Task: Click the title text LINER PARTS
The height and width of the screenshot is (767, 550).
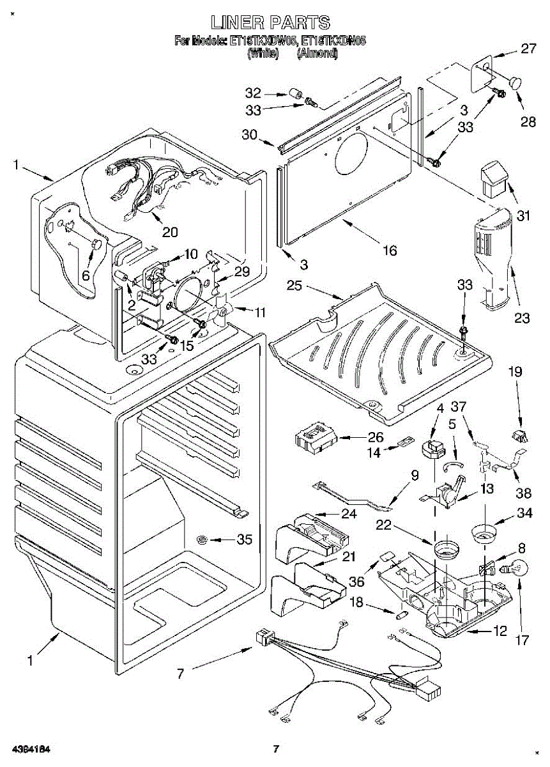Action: (x=271, y=24)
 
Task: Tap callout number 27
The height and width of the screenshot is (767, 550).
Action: (x=528, y=49)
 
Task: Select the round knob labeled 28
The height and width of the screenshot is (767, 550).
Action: (x=514, y=82)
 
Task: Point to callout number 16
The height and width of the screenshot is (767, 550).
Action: (x=389, y=250)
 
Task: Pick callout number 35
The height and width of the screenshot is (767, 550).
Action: (x=244, y=540)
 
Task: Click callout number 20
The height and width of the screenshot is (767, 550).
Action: (x=170, y=231)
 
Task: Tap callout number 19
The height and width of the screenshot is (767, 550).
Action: (x=516, y=371)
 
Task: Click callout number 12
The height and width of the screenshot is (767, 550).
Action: (x=500, y=632)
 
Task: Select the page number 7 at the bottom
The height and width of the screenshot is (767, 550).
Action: (x=276, y=748)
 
